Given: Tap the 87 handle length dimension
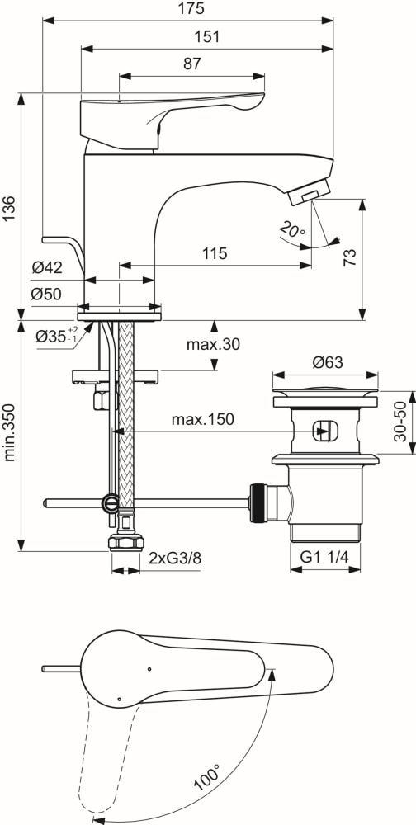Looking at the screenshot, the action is (x=192, y=64).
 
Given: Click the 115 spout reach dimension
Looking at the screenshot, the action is (x=215, y=253).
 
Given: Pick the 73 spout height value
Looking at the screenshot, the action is (x=350, y=257).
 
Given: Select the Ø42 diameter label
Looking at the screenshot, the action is (x=47, y=268).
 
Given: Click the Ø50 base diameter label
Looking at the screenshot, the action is (x=47, y=295).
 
